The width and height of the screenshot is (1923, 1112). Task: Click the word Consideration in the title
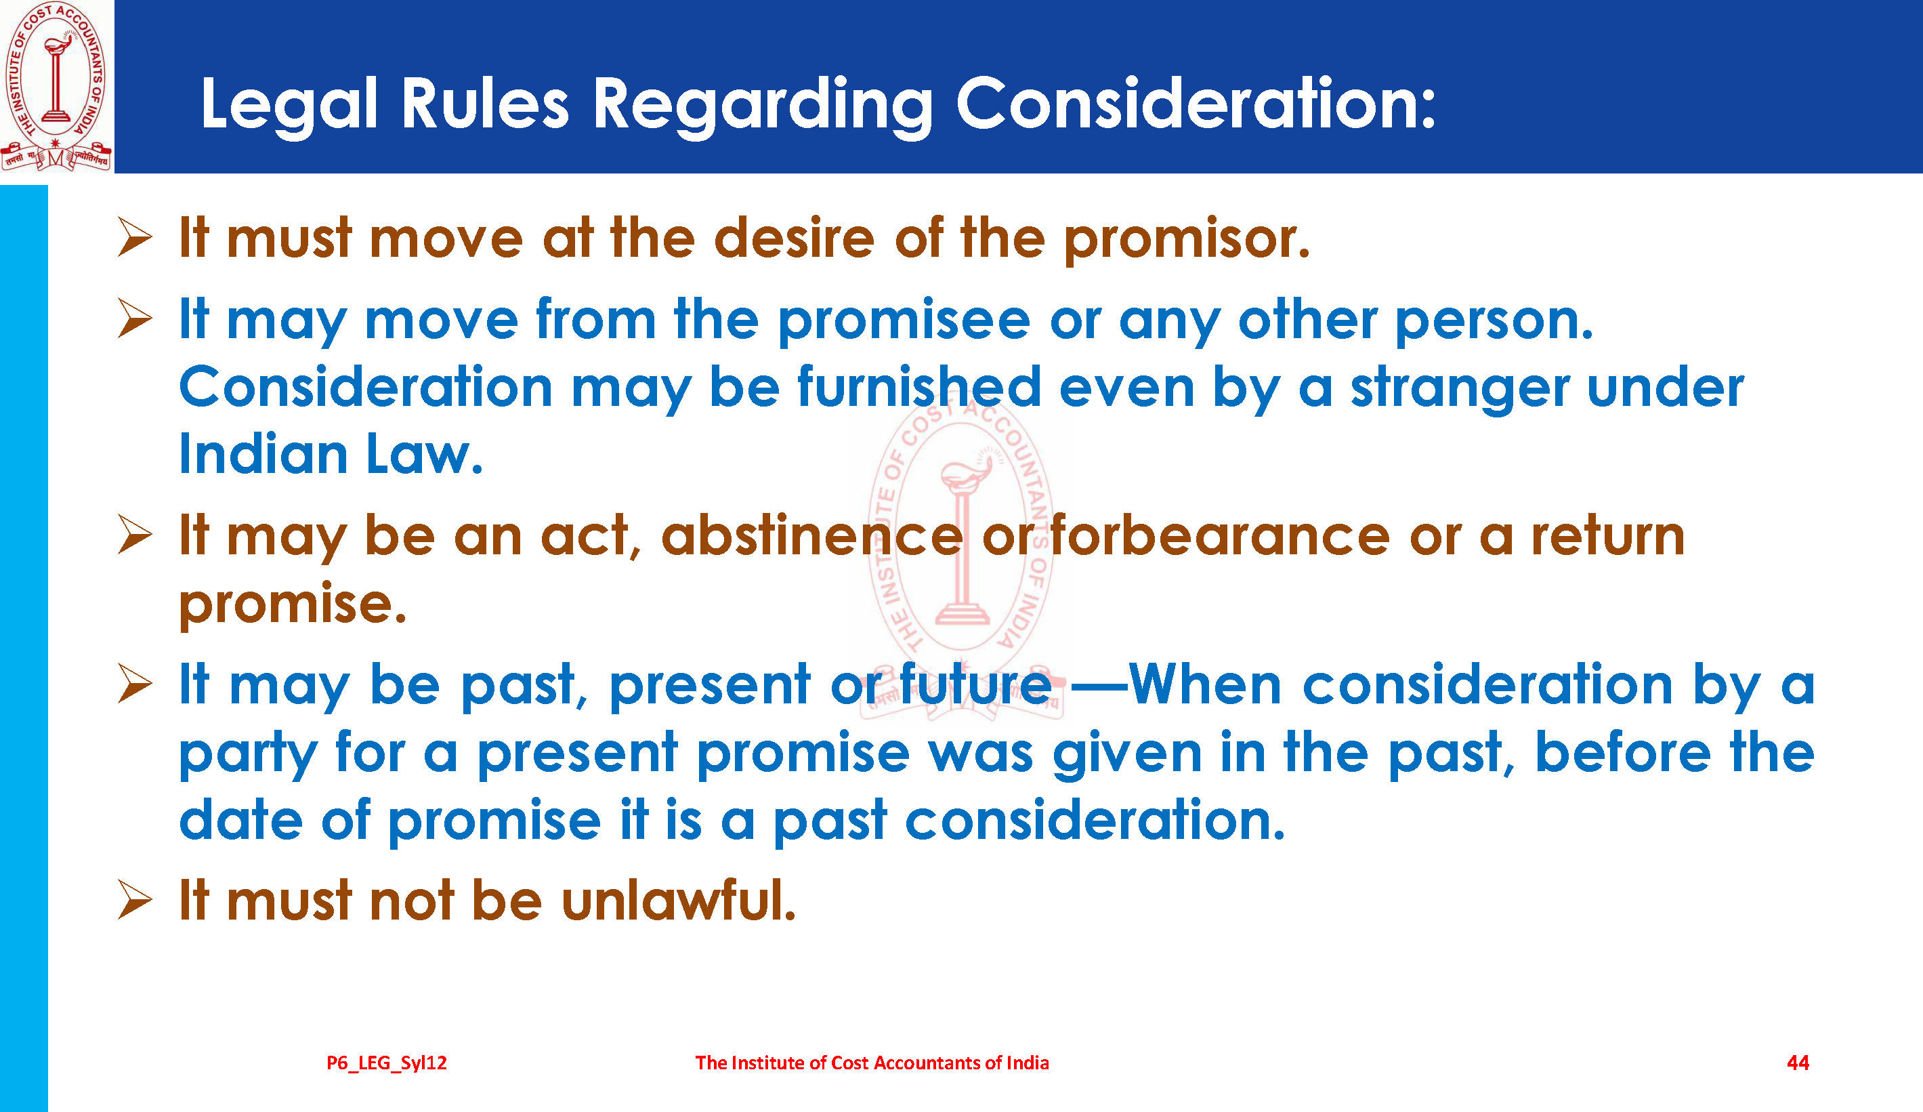point(1196,104)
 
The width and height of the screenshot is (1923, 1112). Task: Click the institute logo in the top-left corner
point(56,85)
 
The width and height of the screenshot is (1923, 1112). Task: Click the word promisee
point(904,321)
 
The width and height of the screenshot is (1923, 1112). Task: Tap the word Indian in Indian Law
point(263,455)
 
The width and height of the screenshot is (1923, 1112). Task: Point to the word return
point(1609,536)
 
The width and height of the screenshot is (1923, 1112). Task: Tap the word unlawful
point(679,901)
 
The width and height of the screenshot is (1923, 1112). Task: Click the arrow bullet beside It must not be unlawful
point(135,900)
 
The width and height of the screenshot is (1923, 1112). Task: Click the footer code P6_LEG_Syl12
point(387,1063)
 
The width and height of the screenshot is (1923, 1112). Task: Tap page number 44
point(1798,1063)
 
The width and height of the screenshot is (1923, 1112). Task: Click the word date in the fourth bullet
point(241,820)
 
